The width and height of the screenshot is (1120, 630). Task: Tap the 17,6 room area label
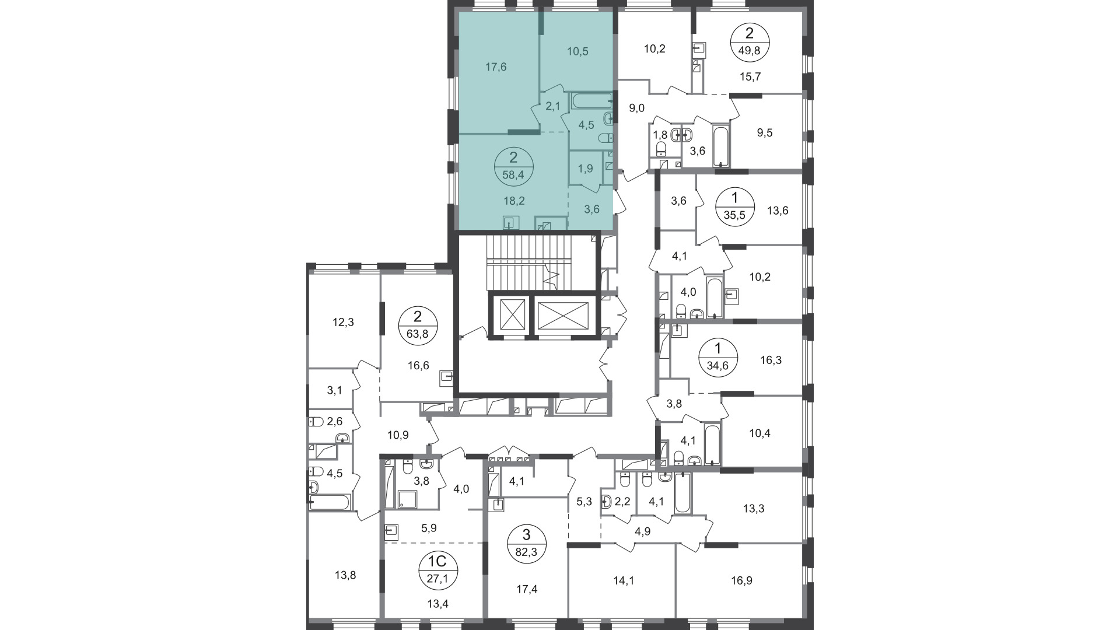pyautogui.click(x=496, y=67)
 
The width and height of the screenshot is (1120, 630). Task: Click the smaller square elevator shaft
pyautogui.click(x=510, y=316)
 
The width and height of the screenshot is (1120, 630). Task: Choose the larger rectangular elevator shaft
pyautogui.click(x=563, y=316)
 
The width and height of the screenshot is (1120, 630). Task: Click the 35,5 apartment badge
pyautogui.click(x=735, y=205)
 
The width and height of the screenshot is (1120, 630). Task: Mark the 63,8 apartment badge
pyautogui.click(x=418, y=325)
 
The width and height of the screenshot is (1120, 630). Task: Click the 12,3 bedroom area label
pyautogui.click(x=344, y=322)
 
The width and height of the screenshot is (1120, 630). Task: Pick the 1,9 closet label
pyautogui.click(x=585, y=169)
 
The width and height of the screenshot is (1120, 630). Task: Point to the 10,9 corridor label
pyautogui.click(x=398, y=435)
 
